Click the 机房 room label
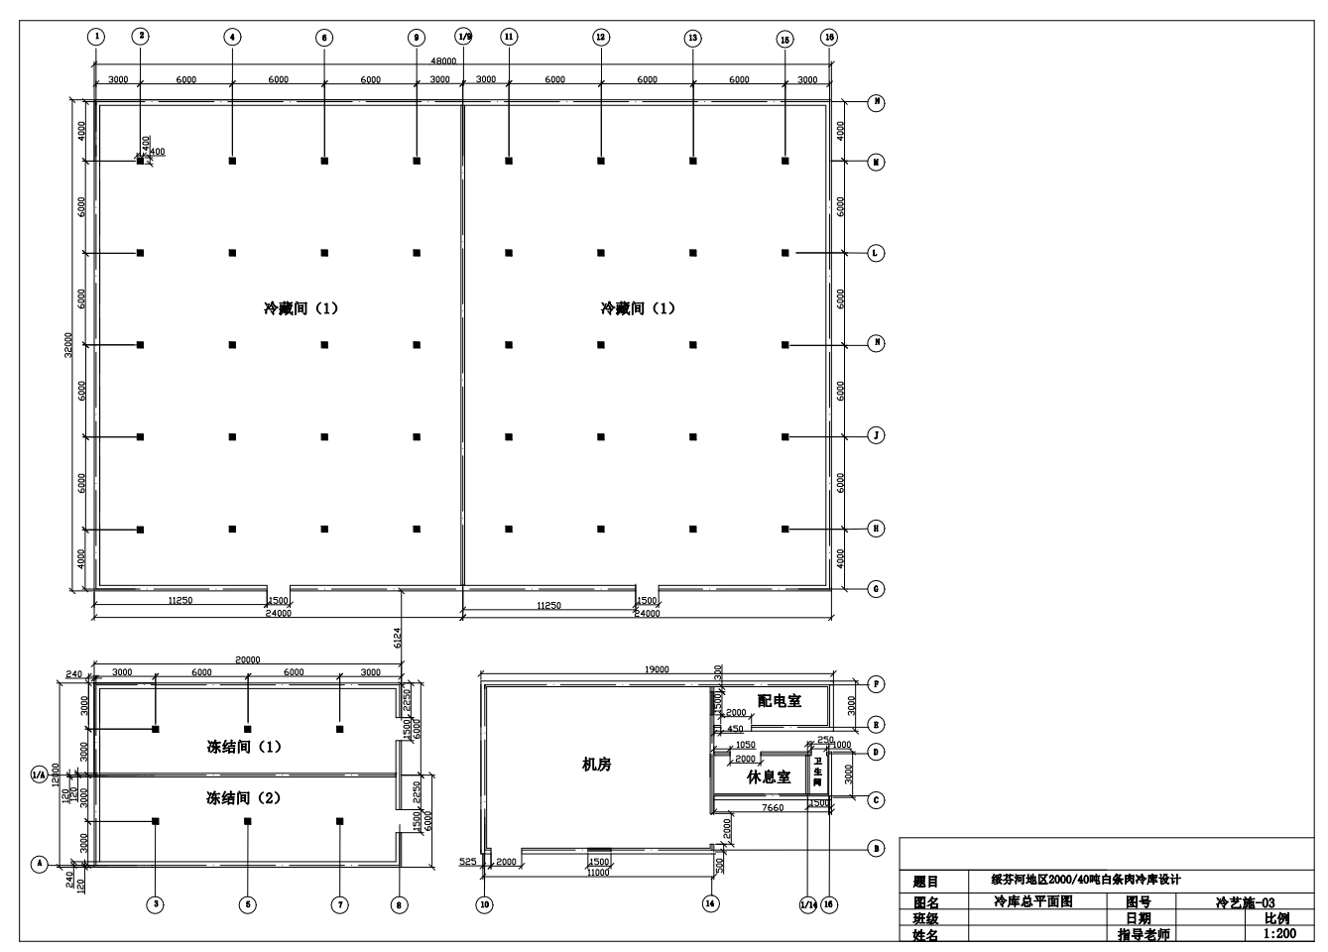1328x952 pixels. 596,765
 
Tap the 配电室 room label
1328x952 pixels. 779,701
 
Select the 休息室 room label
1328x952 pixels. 769,777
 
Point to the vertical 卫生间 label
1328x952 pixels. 817,771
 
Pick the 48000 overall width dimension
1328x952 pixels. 442,61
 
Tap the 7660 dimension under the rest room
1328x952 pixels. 772,808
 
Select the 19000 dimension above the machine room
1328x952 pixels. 657,670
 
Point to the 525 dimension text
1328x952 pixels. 467,863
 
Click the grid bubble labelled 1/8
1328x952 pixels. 463,38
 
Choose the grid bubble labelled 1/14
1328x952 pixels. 807,904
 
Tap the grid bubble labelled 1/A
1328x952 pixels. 39,774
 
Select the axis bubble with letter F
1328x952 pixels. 876,684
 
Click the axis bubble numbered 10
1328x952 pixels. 484,904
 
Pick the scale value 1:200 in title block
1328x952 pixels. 1278,934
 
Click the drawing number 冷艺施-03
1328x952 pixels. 1245,902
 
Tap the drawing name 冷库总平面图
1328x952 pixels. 1032,902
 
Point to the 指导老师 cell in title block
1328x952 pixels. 1143,934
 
